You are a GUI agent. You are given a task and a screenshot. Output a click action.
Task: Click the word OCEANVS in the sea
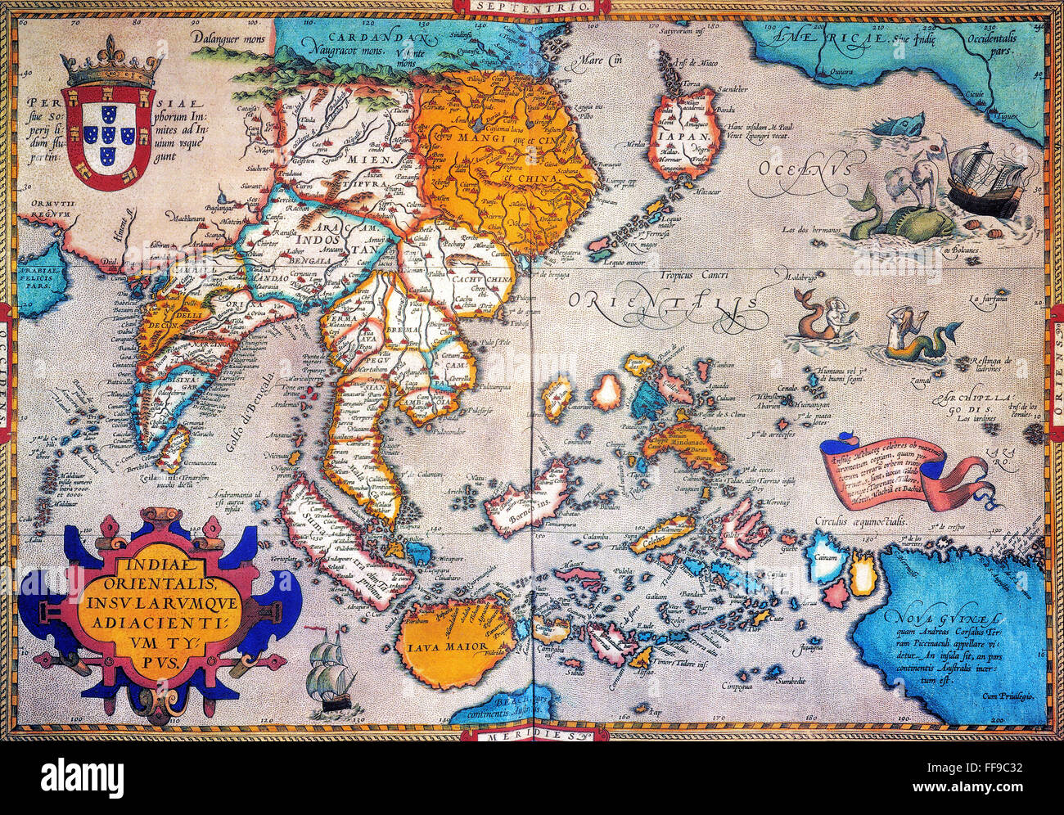click(x=798, y=169)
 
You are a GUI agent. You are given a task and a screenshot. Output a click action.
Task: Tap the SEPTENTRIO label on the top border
click(x=531, y=6)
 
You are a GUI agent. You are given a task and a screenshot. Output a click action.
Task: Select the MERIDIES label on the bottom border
click(x=532, y=735)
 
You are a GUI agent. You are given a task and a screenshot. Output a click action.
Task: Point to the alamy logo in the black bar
click(x=82, y=775)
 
